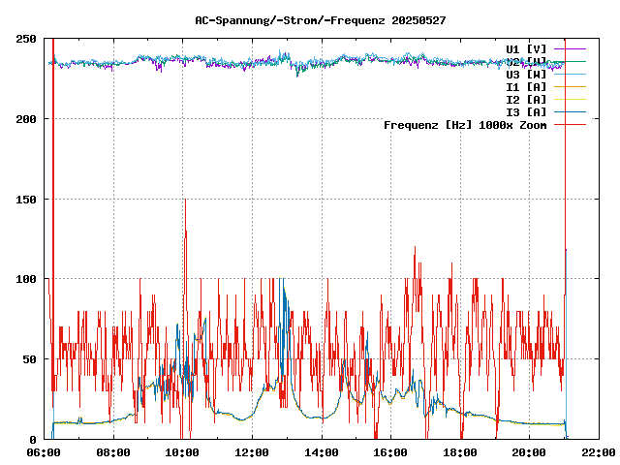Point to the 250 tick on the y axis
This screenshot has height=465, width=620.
[x=27, y=39]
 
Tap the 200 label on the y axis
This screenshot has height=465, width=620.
[x=27, y=119]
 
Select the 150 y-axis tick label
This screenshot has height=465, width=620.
[x=27, y=199]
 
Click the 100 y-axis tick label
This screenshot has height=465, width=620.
[x=27, y=279]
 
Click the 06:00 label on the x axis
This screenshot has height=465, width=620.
[x=45, y=452]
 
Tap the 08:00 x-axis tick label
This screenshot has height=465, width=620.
[x=113, y=452]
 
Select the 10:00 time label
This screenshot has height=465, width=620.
[x=183, y=452]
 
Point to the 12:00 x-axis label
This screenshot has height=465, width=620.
[x=252, y=452]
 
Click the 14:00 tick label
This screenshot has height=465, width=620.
[x=322, y=452]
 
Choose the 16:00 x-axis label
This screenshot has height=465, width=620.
[x=390, y=452]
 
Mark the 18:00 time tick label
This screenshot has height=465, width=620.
[x=460, y=452]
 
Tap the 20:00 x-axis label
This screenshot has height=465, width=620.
[x=529, y=452]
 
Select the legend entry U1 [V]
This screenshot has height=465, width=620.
[x=526, y=48]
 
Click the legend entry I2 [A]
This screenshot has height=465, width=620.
[x=526, y=99]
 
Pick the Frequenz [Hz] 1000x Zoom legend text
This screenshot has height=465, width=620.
[x=465, y=125]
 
